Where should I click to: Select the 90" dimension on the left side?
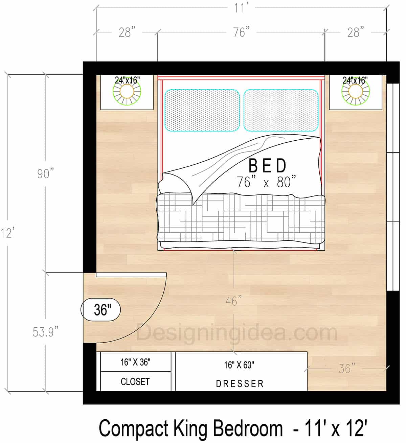click(x=46, y=174)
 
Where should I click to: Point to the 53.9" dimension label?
click(x=46, y=332)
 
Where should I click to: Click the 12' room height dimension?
click(x=7, y=233)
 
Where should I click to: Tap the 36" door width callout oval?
click(x=101, y=309)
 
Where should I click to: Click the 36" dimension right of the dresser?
click(x=347, y=368)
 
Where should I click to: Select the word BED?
click(x=267, y=166)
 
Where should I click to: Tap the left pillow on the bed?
click(x=202, y=110)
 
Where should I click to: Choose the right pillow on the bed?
click(x=281, y=110)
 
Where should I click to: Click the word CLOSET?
click(x=135, y=381)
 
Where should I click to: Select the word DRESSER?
click(x=240, y=384)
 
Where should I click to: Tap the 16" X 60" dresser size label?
click(x=239, y=365)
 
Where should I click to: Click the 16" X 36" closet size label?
click(x=135, y=362)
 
